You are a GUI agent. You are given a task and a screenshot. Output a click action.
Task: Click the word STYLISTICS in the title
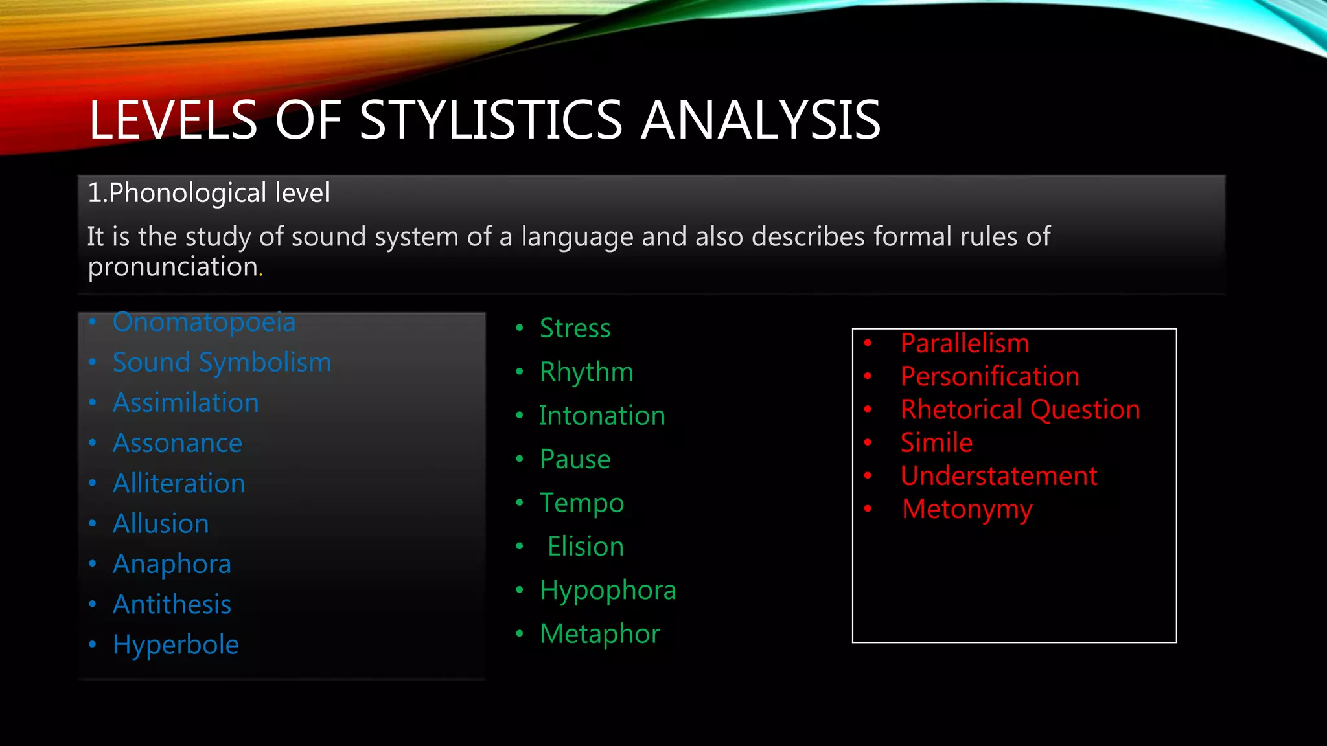(490, 120)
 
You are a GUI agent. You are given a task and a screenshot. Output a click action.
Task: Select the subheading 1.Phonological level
(209, 193)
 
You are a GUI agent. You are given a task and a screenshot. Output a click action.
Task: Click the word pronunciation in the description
(173, 267)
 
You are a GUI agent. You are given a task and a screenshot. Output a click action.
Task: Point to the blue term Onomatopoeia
(204, 322)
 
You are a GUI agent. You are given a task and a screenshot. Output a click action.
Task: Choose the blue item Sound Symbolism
(222, 363)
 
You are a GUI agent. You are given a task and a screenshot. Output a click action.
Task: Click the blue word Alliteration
(179, 484)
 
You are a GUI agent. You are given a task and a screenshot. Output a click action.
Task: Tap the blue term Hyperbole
(176, 645)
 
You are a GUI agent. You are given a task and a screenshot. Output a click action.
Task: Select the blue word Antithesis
(172, 605)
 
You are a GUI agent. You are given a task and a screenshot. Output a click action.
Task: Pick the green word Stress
(575, 328)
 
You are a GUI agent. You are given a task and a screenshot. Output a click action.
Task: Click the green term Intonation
(602, 416)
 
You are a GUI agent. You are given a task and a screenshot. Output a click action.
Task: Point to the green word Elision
(585, 547)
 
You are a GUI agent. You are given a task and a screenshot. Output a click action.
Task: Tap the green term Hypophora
(608, 591)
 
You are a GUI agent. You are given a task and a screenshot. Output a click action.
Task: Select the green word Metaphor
(600, 634)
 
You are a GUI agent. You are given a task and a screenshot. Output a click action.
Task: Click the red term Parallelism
(965, 343)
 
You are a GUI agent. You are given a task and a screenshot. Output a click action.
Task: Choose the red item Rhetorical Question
(1020, 410)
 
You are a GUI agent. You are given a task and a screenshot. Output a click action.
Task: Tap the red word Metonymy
(967, 510)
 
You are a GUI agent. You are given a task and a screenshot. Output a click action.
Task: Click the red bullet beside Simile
(868, 442)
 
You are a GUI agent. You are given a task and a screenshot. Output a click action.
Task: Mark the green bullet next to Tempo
(520, 503)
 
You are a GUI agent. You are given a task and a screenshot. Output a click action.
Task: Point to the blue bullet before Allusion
(93, 523)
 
